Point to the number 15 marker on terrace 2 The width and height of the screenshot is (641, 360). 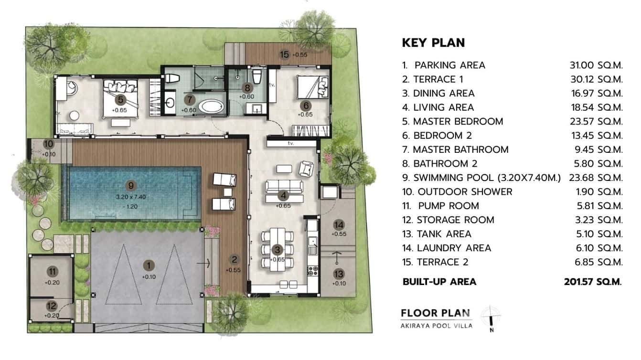[x=285, y=54]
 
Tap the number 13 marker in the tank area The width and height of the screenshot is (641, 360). [x=339, y=274]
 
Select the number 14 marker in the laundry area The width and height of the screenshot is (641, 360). [x=339, y=225]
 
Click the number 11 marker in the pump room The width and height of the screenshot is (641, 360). [x=53, y=271]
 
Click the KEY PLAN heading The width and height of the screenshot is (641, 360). [x=433, y=42]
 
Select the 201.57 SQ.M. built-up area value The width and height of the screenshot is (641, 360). [x=593, y=282]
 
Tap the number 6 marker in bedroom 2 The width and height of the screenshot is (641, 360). [x=306, y=105]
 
